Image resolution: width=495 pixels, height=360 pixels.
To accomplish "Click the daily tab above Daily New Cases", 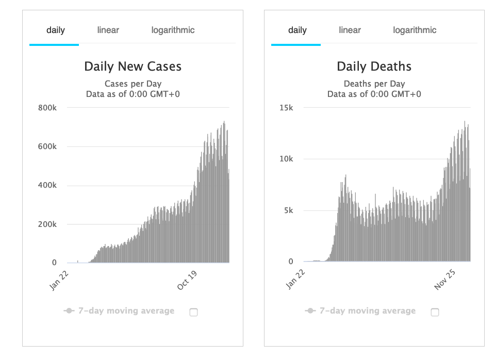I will (55, 30).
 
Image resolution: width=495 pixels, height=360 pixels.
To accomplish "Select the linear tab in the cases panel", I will (108, 30).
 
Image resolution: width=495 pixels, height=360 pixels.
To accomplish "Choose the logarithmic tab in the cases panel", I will (173, 30).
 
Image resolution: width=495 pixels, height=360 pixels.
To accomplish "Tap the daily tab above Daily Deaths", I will (297, 30).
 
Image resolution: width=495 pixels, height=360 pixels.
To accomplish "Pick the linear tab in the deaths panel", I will (350, 30).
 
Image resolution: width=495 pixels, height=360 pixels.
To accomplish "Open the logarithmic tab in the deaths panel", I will (415, 30).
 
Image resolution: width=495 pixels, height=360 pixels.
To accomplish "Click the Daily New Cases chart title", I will (133, 67).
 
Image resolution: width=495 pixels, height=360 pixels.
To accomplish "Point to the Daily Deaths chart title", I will (374, 67).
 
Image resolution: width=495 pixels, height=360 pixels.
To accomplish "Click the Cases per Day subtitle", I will (133, 84).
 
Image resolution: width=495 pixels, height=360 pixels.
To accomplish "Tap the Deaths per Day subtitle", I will (374, 84).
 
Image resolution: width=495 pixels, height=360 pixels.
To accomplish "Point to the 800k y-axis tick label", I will (47, 108).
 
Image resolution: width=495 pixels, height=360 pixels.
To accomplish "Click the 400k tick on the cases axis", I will (47, 185).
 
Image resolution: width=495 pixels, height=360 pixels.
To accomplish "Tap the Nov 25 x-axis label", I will (444, 280).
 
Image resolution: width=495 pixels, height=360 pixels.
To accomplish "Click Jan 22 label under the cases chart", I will (60, 280).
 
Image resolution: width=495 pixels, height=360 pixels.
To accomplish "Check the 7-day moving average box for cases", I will (193, 312).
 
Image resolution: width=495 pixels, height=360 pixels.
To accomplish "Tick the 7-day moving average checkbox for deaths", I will (435, 312).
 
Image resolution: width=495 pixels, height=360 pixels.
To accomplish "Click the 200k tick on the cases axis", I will (47, 224).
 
